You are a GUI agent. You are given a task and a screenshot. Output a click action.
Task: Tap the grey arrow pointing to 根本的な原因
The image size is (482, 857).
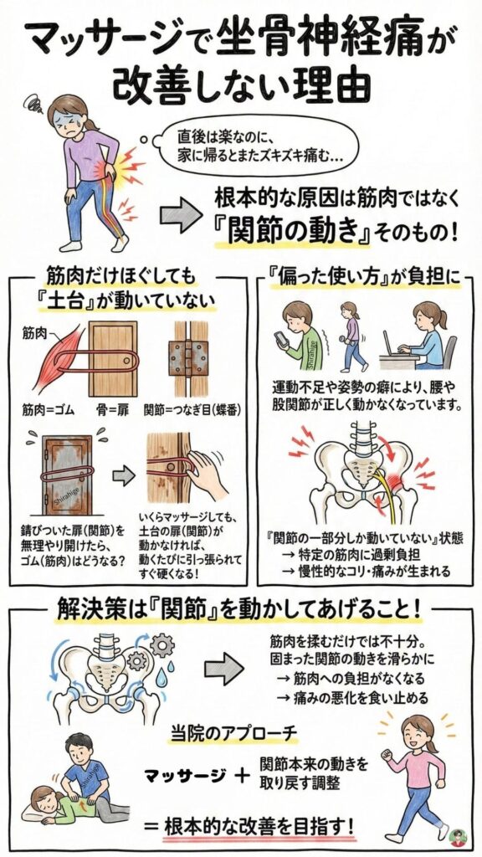[180, 216]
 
